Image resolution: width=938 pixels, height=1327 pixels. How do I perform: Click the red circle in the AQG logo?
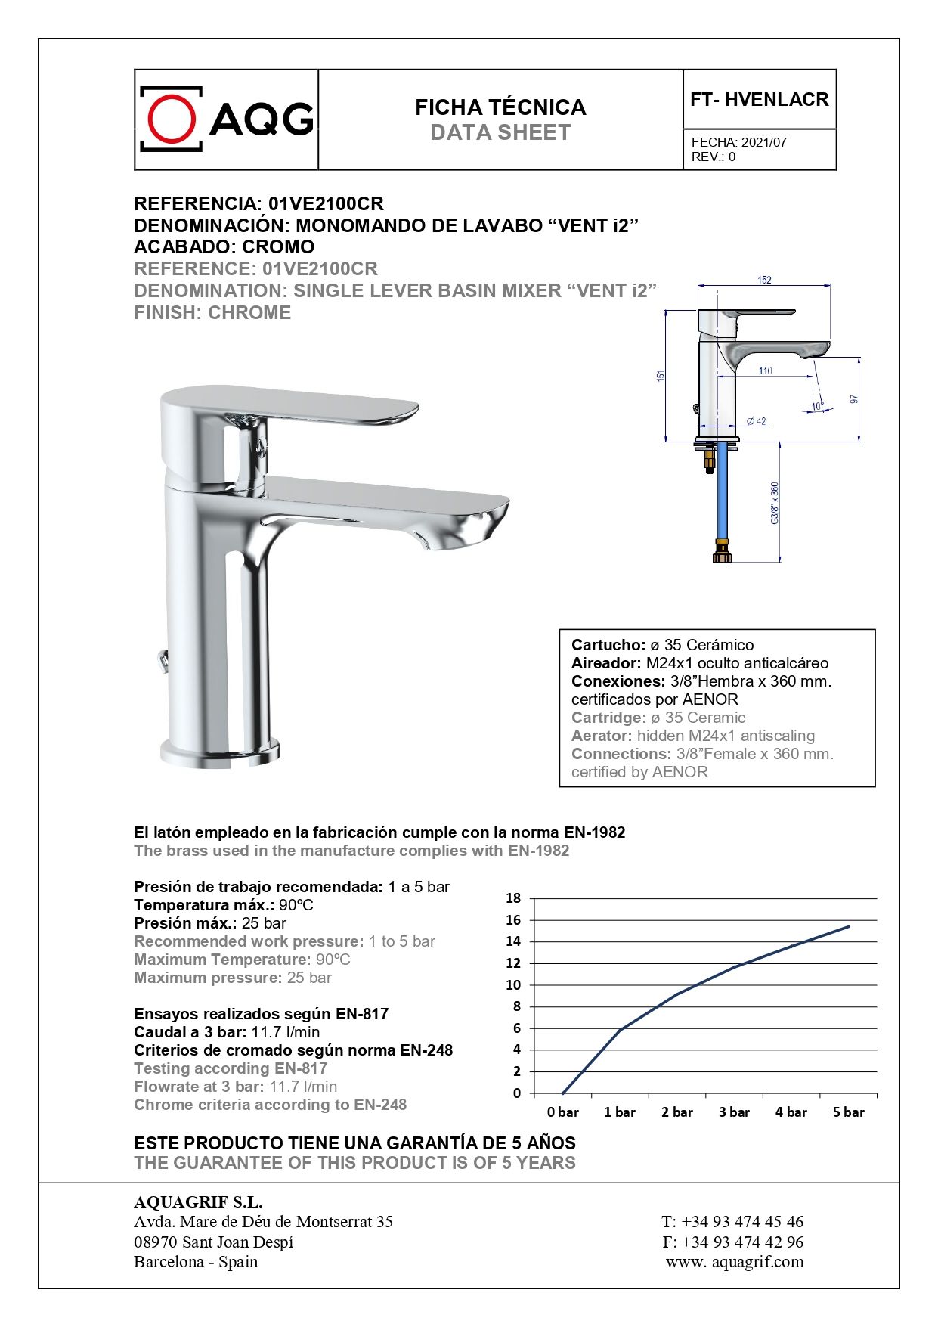pyautogui.click(x=172, y=118)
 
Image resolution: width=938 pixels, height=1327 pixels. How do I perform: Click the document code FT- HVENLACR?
pyautogui.click(x=759, y=100)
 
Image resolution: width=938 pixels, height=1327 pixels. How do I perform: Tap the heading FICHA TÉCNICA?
pyautogui.click(x=500, y=107)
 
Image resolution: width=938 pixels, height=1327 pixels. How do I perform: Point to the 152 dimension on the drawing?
pyautogui.click(x=764, y=281)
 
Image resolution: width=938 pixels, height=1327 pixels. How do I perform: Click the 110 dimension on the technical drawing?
pyautogui.click(x=765, y=371)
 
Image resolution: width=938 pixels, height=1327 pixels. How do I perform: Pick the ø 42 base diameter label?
pyautogui.click(x=756, y=421)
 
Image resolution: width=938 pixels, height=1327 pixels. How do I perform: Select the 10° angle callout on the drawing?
pyautogui.click(x=816, y=406)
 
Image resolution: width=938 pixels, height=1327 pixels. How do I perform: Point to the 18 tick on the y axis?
pyautogui.click(x=513, y=898)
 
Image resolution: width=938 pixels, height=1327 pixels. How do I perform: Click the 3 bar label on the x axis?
pyautogui.click(x=733, y=1112)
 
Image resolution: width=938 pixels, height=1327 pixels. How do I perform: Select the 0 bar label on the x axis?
pyautogui.click(x=562, y=1112)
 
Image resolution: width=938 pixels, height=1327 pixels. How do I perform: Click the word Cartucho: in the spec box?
pyautogui.click(x=608, y=645)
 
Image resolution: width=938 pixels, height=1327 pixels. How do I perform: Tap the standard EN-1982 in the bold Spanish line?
pyautogui.click(x=594, y=832)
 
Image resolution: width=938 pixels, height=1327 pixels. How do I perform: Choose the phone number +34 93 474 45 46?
pyautogui.click(x=742, y=1221)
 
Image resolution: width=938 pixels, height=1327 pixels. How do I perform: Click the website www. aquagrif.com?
pyautogui.click(x=735, y=1261)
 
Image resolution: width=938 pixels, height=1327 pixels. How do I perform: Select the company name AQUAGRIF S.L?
pyautogui.click(x=198, y=1201)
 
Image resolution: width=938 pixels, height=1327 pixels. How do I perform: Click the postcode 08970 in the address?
pyautogui.click(x=156, y=1242)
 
